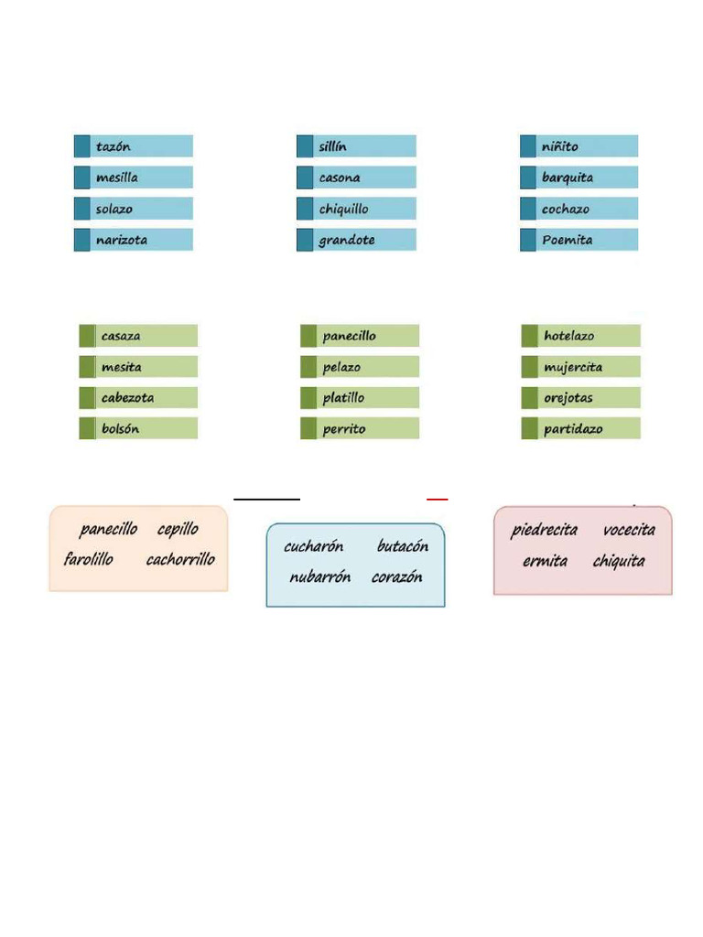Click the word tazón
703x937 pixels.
pyautogui.click(x=113, y=146)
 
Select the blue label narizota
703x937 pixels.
pyautogui.click(x=134, y=240)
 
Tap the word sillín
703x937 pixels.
pyautogui.click(x=332, y=146)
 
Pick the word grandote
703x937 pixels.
pyautogui.click(x=347, y=241)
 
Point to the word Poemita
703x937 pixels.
pyautogui.click(x=568, y=240)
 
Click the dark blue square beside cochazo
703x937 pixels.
pyautogui.click(x=528, y=209)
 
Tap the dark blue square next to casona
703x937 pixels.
pyautogui.click(x=305, y=178)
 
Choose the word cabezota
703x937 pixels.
pyautogui.click(x=127, y=397)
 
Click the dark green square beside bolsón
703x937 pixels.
pyautogui.click(x=87, y=428)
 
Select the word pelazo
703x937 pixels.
pyautogui.click(x=341, y=368)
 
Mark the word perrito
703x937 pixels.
pyautogui.click(x=344, y=429)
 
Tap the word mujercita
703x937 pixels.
pyautogui.click(x=573, y=368)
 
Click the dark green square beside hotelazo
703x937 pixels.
pyautogui.click(x=530, y=336)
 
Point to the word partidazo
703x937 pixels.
pyautogui.click(x=573, y=429)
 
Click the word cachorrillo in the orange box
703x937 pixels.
pyautogui.click(x=180, y=559)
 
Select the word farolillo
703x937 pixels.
pyautogui.click(x=89, y=559)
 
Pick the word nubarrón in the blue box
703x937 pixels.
pyautogui.click(x=319, y=576)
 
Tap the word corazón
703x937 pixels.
pyautogui.click(x=397, y=576)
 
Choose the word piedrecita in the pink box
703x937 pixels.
pyautogui.click(x=544, y=530)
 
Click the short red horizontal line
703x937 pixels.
pyautogui.click(x=437, y=499)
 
